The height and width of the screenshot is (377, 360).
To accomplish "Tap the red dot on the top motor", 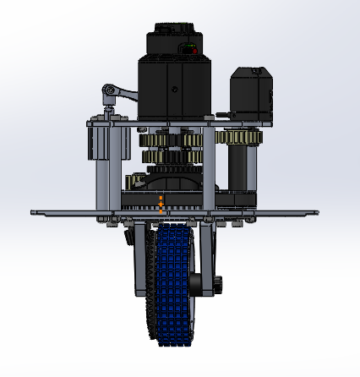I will click(195, 52).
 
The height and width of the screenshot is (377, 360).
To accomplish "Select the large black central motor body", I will click(176, 89).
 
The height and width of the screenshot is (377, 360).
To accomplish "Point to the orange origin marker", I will click(161, 204).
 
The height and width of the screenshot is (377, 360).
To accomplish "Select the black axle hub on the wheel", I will click(196, 284).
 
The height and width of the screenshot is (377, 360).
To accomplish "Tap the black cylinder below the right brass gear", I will click(245, 169).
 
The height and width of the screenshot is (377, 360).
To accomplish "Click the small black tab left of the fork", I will click(128, 238).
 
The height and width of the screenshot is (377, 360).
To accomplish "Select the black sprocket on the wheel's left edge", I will click(150, 287).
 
